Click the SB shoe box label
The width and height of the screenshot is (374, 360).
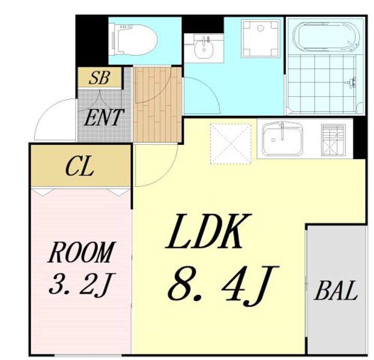pos(99,77)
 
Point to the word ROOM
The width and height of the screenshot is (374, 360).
pos(82,252)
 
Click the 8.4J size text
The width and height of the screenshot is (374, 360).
pos(223,286)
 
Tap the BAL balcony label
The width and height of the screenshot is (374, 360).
pos(336,290)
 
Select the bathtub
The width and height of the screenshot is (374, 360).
pos(326,37)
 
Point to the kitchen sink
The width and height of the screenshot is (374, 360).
pos(283,139)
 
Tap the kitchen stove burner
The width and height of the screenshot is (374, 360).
pos(333,140)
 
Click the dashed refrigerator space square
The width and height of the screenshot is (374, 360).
pos(231,143)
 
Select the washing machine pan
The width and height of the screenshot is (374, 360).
pos(260,39)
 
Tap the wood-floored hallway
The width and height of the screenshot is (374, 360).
pos(158,105)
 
